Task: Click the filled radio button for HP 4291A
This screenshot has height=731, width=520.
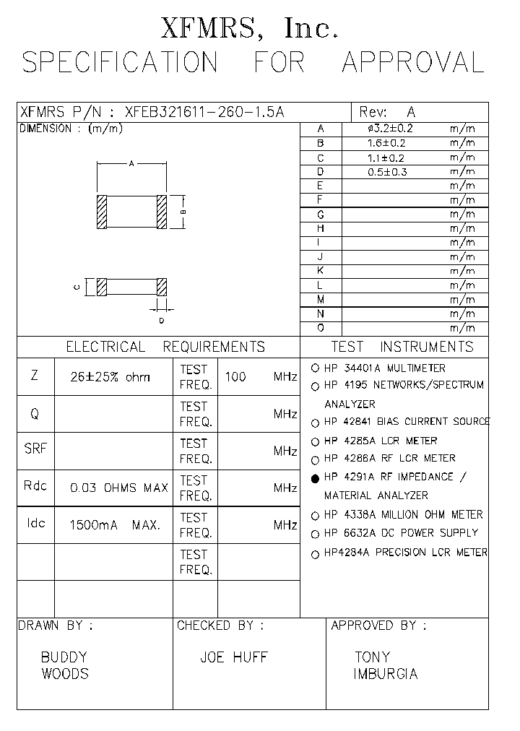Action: (315, 478)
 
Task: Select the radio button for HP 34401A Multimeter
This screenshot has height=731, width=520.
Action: (315, 368)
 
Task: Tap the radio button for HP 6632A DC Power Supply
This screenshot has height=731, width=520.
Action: (315, 535)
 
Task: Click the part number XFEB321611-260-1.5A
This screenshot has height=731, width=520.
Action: (205, 113)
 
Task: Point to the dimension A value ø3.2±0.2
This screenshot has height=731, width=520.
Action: (391, 129)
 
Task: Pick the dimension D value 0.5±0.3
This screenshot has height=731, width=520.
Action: (388, 172)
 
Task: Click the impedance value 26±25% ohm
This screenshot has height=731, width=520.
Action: (110, 377)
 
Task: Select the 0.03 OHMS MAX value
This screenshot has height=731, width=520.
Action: (118, 488)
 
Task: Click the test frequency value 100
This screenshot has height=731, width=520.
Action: (235, 377)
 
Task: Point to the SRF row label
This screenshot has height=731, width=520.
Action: (35, 449)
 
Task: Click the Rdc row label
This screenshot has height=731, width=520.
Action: (35, 485)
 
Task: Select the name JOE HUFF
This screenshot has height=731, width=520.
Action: (233, 657)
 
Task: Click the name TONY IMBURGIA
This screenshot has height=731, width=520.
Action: (385, 666)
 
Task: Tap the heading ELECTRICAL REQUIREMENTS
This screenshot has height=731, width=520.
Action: (165, 347)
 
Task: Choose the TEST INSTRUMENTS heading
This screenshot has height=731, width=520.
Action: (402, 347)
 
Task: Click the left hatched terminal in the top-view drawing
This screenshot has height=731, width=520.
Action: (102, 212)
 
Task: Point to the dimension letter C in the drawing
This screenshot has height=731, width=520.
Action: (77, 287)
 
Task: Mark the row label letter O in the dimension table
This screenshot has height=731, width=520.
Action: (320, 329)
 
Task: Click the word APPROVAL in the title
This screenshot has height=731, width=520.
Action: (412, 63)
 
